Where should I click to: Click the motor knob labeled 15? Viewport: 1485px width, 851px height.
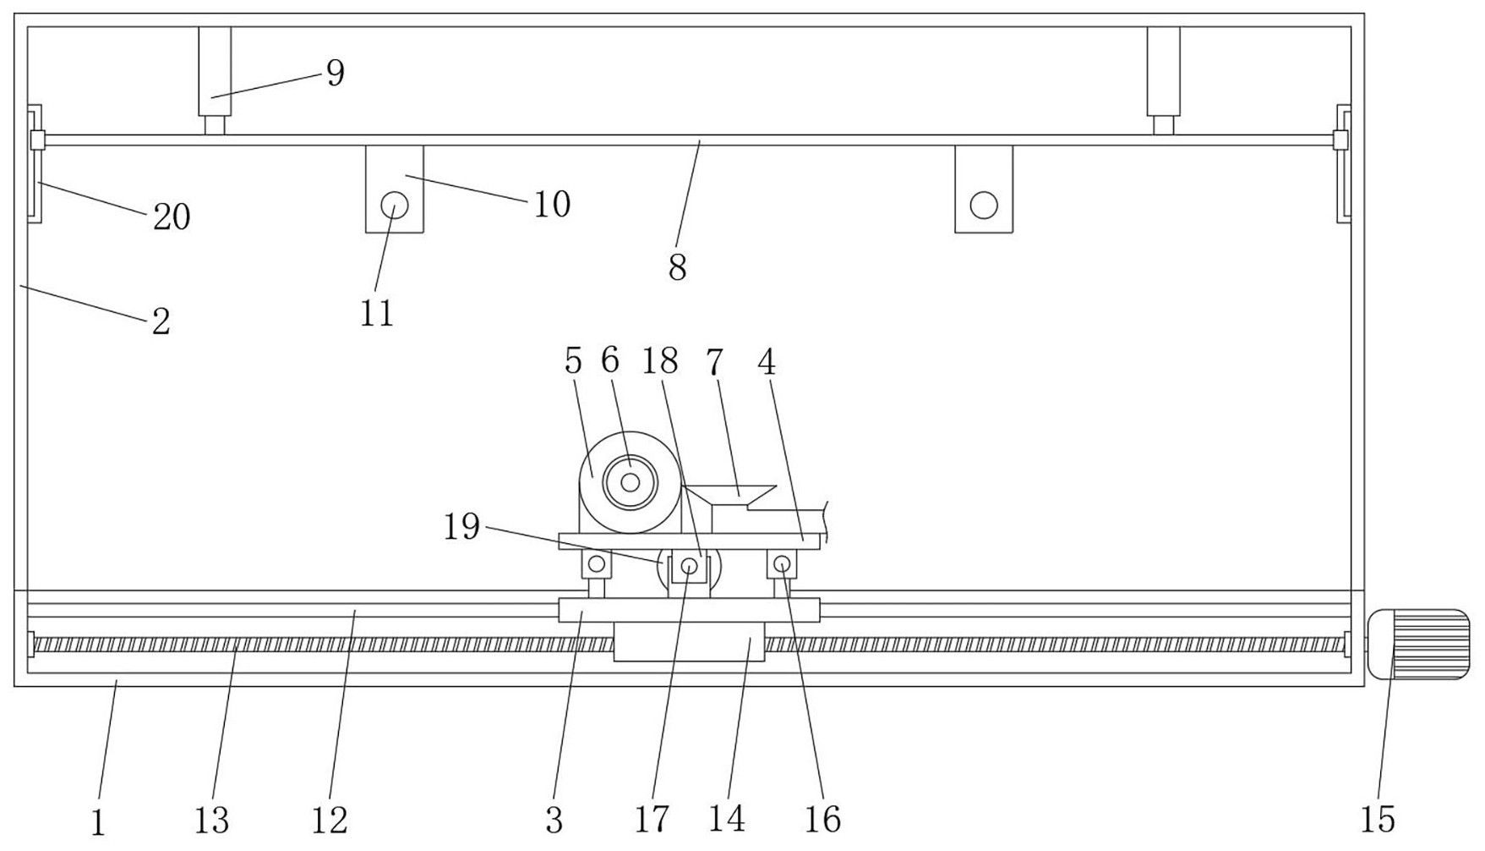(1419, 644)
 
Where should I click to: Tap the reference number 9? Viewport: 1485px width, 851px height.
(336, 73)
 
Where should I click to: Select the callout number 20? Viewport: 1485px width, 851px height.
(172, 217)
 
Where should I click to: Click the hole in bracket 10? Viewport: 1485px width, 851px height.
(394, 205)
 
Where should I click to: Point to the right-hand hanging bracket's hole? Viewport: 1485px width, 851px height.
(984, 205)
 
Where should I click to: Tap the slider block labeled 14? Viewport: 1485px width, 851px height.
(689, 642)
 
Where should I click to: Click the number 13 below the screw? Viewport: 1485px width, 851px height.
(211, 819)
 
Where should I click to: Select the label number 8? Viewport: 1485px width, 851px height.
(677, 268)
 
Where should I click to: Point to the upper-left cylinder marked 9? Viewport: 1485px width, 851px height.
(215, 71)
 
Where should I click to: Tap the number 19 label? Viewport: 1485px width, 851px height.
(462, 527)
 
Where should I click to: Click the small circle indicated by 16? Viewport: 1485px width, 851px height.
(782, 563)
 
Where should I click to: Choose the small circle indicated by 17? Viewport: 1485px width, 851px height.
(690, 566)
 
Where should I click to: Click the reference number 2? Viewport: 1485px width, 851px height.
(161, 321)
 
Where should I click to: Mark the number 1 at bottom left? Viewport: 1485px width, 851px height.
(98, 822)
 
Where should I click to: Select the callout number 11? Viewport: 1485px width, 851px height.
(377, 314)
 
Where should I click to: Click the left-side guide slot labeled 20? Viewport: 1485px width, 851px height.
(35, 163)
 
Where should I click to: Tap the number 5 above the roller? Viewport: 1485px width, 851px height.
(573, 361)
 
